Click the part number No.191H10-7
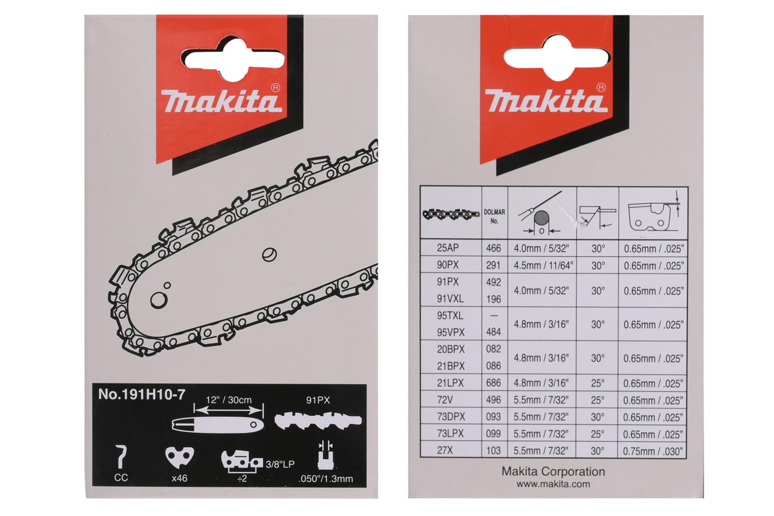coord(141,395)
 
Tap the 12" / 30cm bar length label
coord(229,400)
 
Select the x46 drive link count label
coord(179,478)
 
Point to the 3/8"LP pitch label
coord(280,464)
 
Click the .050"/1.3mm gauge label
coord(326,479)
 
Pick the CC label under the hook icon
coord(121,478)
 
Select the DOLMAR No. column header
coord(494,216)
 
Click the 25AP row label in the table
coord(447,248)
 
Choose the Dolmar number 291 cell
coord(493,265)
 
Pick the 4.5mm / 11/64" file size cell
coord(541,265)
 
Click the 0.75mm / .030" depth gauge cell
coord(653,451)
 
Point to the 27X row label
coord(445,450)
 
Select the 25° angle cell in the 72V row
coord(598,400)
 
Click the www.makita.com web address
coord(553,484)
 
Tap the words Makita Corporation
coord(553,472)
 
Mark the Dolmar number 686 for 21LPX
coord(493,383)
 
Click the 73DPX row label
coord(450,417)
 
